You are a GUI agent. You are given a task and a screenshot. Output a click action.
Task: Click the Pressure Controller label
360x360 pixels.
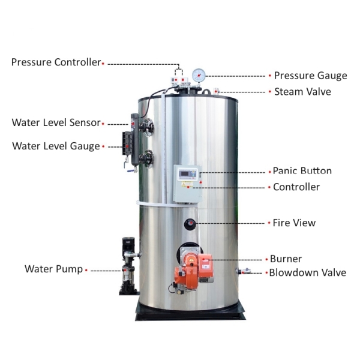click(x=56, y=62)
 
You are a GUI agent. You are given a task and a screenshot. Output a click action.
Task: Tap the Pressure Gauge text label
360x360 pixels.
click(x=310, y=76)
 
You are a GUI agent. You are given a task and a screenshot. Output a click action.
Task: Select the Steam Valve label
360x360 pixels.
click(x=302, y=92)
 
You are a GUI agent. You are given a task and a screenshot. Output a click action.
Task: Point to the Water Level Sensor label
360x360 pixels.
click(x=56, y=123)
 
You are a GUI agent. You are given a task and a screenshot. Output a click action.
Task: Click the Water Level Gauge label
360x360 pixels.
click(x=56, y=146)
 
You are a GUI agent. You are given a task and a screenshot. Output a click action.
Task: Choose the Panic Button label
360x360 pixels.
click(x=302, y=171)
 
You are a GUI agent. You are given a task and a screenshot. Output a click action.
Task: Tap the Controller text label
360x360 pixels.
click(x=296, y=187)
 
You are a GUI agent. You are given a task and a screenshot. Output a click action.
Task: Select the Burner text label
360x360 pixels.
click(x=286, y=259)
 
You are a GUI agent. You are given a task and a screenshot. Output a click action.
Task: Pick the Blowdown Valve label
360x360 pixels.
click(x=307, y=272)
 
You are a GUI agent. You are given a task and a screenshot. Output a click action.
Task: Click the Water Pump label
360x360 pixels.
click(x=53, y=269)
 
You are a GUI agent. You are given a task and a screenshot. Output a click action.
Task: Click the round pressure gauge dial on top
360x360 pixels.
click(x=199, y=75)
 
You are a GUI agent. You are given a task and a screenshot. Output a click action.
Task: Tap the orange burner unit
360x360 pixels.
click(x=194, y=267)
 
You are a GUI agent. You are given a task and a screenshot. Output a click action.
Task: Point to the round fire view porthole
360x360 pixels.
click(x=190, y=223)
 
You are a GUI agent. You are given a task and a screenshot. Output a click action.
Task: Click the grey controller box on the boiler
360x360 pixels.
click(x=187, y=182)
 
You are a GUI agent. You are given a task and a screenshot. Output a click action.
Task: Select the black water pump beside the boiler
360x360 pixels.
click(x=127, y=267)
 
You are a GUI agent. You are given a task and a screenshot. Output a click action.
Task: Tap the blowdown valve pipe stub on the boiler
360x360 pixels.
click(x=244, y=271)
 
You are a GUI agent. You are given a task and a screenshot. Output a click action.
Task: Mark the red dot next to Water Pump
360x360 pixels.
click(x=86, y=270)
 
